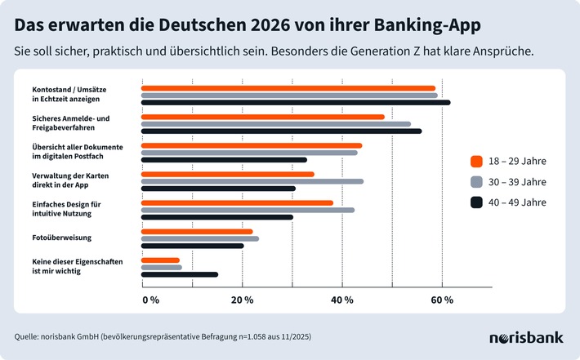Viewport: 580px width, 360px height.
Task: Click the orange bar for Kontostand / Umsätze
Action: [x=288, y=88]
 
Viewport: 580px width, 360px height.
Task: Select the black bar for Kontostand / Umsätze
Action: [x=295, y=102]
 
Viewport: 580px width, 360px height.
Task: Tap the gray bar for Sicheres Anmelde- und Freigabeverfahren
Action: [x=275, y=124]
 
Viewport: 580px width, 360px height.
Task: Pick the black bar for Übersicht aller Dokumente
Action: [x=224, y=160]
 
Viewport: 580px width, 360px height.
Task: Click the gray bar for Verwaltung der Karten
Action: [x=252, y=181]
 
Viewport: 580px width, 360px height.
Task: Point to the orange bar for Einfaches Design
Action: [x=237, y=202]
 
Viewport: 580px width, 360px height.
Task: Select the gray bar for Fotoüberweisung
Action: [x=199, y=238]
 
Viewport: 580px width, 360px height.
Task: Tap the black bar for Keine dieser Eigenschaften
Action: [x=179, y=274]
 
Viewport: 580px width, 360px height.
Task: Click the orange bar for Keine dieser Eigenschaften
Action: [x=160, y=260]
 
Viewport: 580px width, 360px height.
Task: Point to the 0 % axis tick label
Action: [x=151, y=300]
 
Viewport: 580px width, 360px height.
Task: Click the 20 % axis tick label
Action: [x=243, y=300]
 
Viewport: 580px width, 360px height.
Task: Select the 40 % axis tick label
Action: [x=342, y=300]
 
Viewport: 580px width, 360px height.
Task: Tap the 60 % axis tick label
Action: [x=442, y=300]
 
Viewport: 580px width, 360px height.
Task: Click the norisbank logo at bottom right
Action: [x=524, y=337]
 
